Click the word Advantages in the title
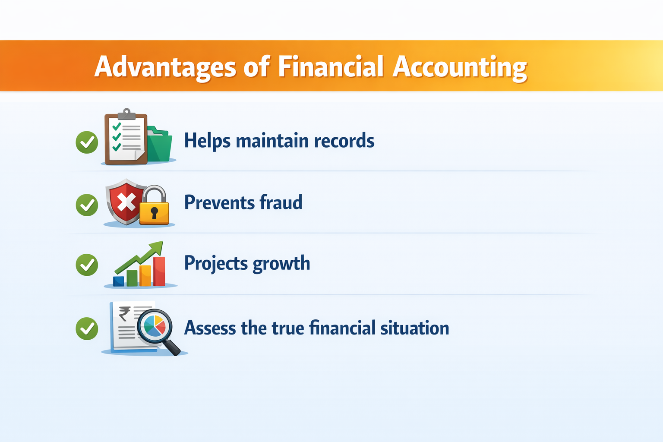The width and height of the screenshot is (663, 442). click(x=165, y=67)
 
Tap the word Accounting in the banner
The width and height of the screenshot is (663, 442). click(x=459, y=67)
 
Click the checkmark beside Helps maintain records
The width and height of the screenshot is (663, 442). click(x=87, y=142)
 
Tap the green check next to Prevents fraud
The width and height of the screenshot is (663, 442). click(x=87, y=205)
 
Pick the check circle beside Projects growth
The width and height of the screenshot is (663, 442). click(x=87, y=265)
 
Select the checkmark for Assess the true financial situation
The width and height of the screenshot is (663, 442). click(x=87, y=329)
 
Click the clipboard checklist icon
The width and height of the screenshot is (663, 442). click(x=126, y=138)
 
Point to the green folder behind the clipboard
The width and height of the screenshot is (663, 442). click(x=161, y=145)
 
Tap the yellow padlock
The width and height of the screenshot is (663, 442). click(x=154, y=207)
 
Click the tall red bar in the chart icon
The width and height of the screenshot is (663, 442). click(x=159, y=271)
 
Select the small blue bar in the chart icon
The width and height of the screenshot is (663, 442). click(x=118, y=281)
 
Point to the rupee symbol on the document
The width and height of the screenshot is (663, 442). click(x=124, y=314)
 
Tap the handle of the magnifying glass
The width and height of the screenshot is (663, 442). click(x=173, y=347)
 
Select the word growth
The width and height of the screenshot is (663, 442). click(x=281, y=264)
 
